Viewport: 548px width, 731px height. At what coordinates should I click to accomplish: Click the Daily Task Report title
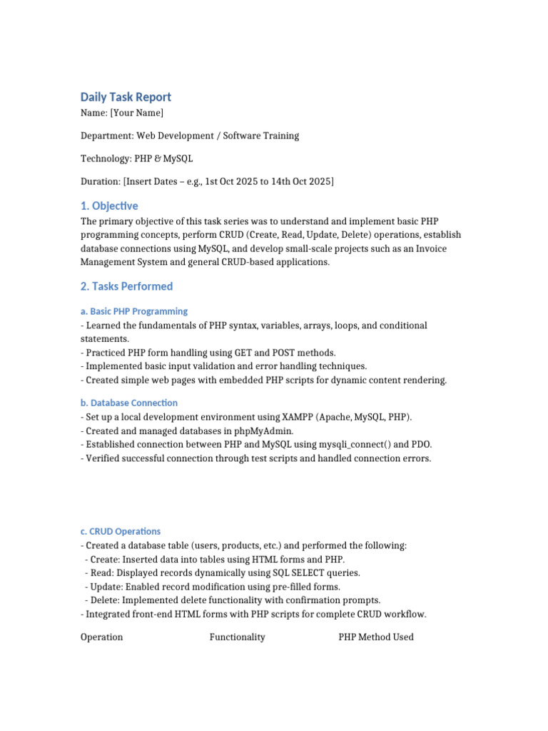coord(126,97)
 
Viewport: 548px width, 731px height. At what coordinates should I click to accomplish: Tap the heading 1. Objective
coord(109,206)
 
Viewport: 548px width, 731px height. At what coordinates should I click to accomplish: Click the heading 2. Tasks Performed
coord(126,286)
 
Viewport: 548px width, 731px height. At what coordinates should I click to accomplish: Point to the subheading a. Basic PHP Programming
coord(134,311)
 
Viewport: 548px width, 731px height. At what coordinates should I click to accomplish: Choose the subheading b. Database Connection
coord(129,403)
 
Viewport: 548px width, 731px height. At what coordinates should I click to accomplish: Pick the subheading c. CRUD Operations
coord(121,531)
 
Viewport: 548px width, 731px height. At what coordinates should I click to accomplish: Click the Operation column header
coord(102,637)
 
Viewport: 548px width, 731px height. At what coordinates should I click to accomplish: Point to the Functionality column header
coord(237,637)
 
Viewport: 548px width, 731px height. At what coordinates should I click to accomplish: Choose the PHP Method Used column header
coord(376,637)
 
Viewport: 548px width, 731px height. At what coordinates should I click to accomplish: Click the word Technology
coord(106,158)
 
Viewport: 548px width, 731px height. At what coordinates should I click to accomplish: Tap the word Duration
coord(100,181)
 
